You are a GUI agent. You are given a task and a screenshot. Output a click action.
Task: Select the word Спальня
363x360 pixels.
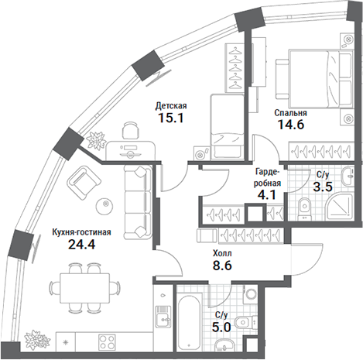coord(289,112)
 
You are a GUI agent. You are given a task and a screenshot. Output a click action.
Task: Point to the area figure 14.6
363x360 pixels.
coord(288,125)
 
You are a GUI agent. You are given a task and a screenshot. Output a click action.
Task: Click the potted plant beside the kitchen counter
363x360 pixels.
coord(36,338)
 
